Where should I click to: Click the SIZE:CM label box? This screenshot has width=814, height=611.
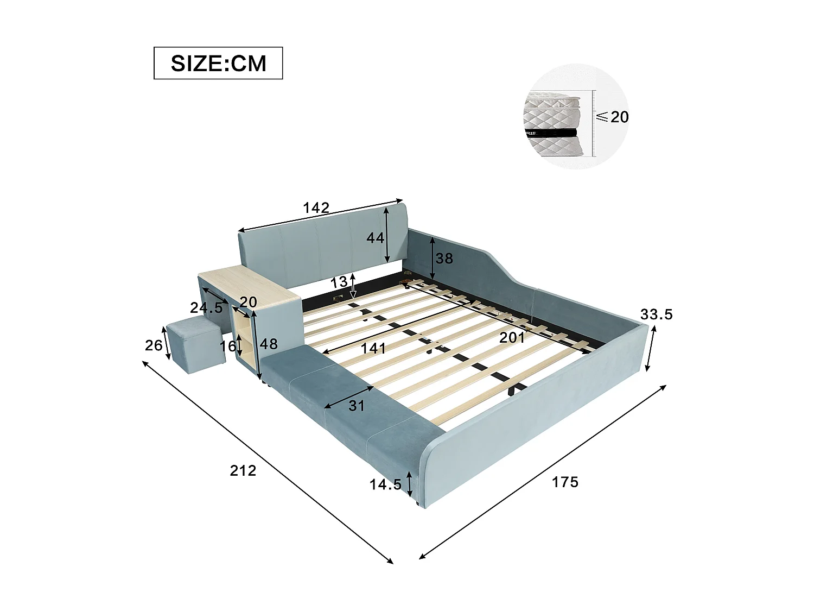click(x=218, y=64)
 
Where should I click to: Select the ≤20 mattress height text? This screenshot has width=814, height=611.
click(x=613, y=116)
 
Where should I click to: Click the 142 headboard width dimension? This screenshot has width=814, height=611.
click(x=316, y=208)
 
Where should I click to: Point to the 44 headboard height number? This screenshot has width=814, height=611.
click(x=376, y=237)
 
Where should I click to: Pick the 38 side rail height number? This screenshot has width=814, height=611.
click(x=444, y=259)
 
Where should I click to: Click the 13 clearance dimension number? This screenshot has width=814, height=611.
click(x=339, y=282)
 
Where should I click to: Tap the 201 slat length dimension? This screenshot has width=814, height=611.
click(x=512, y=338)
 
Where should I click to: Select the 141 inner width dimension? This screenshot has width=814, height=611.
click(x=374, y=348)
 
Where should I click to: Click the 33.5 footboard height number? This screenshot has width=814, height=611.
click(x=656, y=314)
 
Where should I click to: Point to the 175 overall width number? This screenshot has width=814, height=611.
click(x=565, y=482)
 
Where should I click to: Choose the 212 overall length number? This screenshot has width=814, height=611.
click(x=243, y=470)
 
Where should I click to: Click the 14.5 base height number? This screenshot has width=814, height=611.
click(x=386, y=484)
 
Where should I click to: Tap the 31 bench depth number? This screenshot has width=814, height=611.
click(x=356, y=405)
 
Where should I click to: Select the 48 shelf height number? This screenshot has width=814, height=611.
click(x=269, y=344)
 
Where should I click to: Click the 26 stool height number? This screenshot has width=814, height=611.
click(x=154, y=345)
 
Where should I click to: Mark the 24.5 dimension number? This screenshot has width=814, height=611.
click(x=206, y=308)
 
